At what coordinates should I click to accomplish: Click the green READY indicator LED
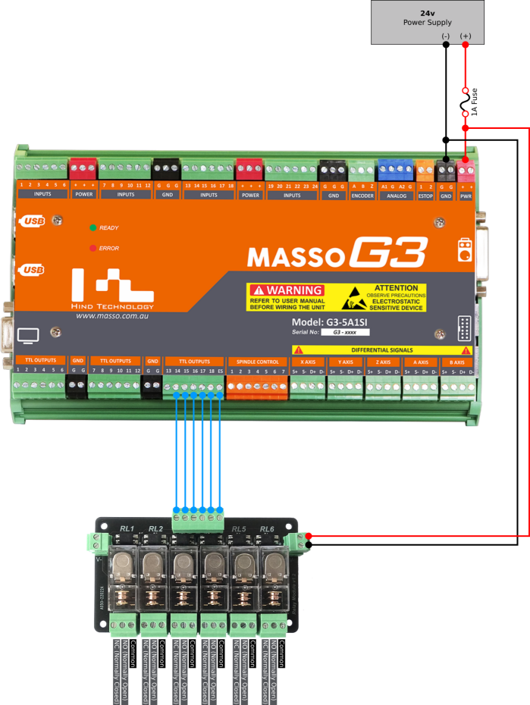(93, 227)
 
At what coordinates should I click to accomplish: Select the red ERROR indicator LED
(93, 248)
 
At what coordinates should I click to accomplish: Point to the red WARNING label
(286, 290)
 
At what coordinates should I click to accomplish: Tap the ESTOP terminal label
(425, 196)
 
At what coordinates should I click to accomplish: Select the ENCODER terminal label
(362, 196)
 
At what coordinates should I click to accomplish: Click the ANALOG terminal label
(395, 196)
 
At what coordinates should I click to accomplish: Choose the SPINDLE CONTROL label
(258, 362)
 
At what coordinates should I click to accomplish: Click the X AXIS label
(308, 362)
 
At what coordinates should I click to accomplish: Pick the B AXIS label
(458, 362)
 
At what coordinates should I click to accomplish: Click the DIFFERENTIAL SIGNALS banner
(382, 350)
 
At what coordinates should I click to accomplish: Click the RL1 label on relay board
(127, 528)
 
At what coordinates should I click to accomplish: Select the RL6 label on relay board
(267, 528)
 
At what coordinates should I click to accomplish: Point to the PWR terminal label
(466, 196)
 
